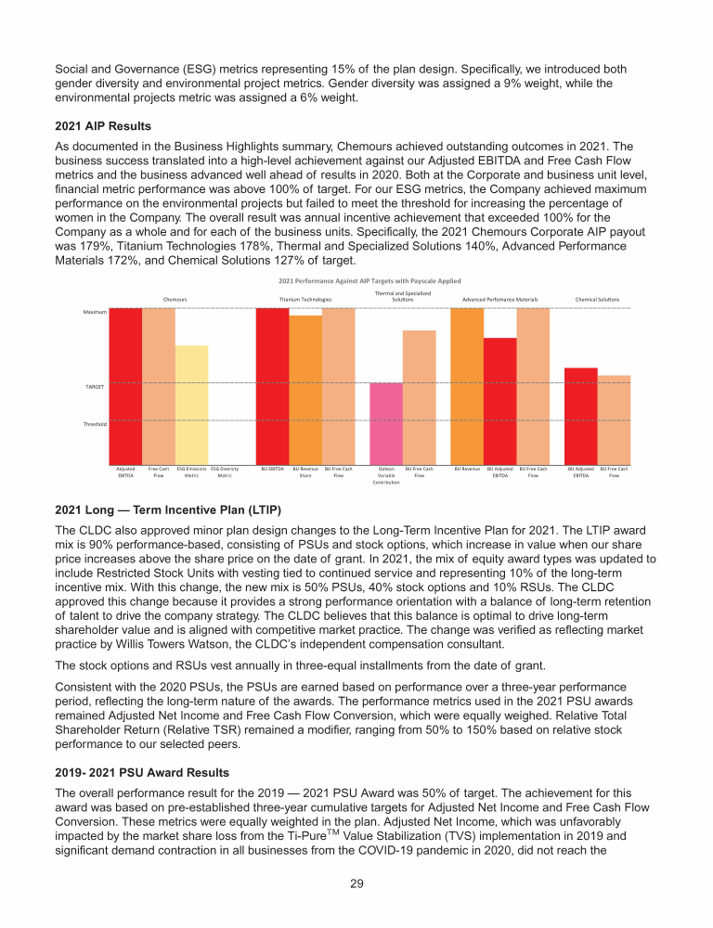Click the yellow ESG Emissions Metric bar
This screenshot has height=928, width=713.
tap(192, 403)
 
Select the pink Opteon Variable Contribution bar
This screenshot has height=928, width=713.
tap(386, 421)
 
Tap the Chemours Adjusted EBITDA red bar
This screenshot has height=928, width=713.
tap(125, 384)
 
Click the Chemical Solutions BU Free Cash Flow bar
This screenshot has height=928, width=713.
tap(614, 418)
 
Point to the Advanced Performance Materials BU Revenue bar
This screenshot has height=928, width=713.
tap(467, 384)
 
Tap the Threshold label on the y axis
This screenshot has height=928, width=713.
tap(96, 423)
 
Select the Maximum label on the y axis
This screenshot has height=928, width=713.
tap(95, 312)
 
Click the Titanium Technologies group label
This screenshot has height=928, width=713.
tap(305, 300)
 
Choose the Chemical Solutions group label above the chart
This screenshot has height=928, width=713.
tap(597, 300)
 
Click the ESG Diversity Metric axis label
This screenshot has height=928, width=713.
tap(225, 472)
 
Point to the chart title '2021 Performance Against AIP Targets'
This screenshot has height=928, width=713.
tap(369, 279)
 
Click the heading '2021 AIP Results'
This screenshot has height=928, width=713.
tap(103, 126)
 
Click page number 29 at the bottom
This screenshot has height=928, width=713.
tap(356, 883)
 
